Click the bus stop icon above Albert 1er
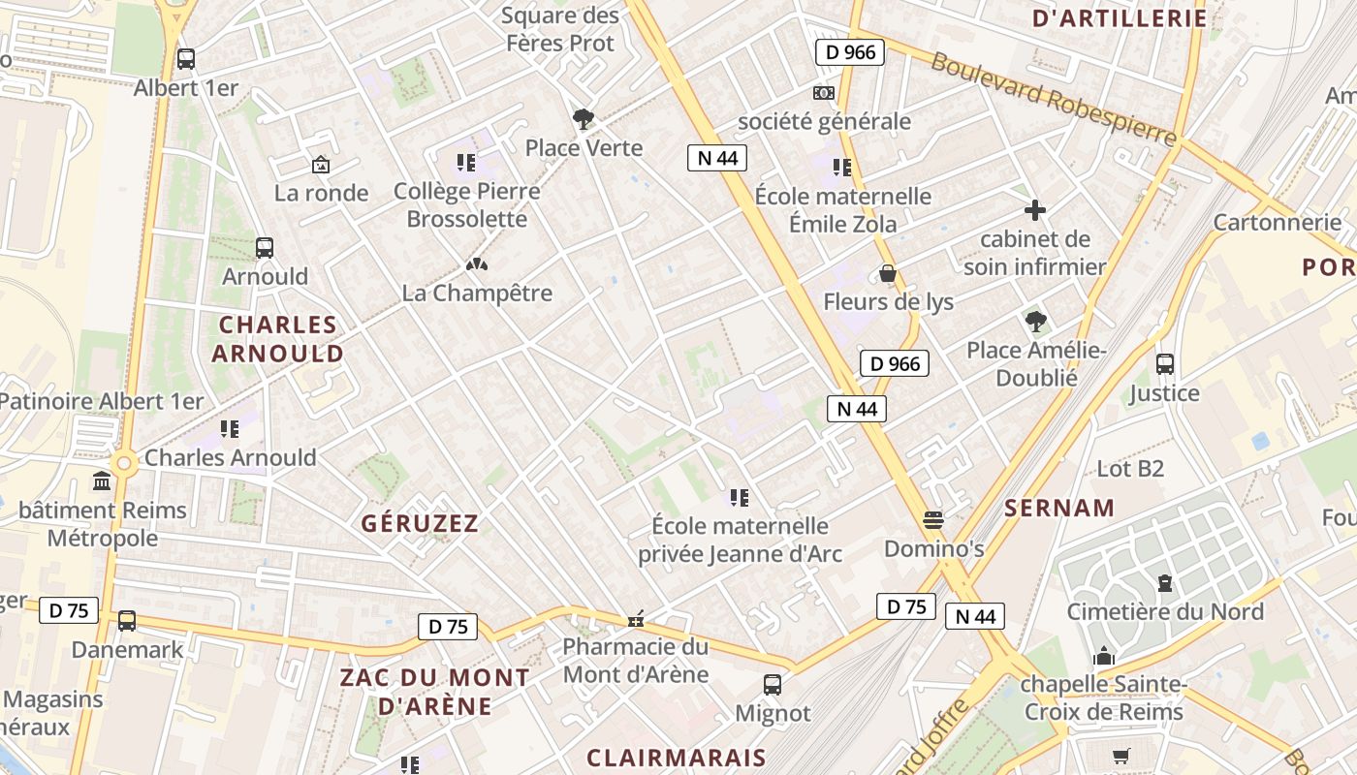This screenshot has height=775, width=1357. (x=186, y=59)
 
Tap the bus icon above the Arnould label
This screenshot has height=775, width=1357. (x=265, y=248)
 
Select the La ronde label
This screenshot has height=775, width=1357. (x=321, y=193)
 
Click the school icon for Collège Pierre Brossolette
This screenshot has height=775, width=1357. (x=466, y=163)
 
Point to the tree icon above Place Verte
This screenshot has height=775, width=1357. (x=583, y=119)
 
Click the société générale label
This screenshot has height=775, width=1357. (x=824, y=121)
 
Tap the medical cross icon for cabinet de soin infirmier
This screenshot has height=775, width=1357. (x=1035, y=210)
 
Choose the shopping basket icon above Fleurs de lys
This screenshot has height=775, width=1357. (x=887, y=274)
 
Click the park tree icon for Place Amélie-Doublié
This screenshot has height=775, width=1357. (x=1035, y=321)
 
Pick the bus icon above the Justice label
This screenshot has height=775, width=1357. (x=1165, y=364)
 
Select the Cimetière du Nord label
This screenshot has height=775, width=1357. (x=1165, y=611)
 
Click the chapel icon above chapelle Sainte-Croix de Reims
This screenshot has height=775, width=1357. (x=1104, y=658)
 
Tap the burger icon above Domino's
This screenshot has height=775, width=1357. (x=933, y=520)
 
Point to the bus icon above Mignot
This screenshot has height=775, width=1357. (x=773, y=685)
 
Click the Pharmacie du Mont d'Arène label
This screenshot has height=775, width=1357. (x=636, y=660)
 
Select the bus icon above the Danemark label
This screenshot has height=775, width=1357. (x=127, y=621)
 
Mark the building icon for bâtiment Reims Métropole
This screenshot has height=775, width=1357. (x=102, y=481)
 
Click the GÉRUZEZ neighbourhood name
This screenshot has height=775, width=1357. (x=420, y=524)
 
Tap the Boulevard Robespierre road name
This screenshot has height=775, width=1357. (x=1054, y=99)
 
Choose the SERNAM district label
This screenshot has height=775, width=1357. (x=1059, y=508)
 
